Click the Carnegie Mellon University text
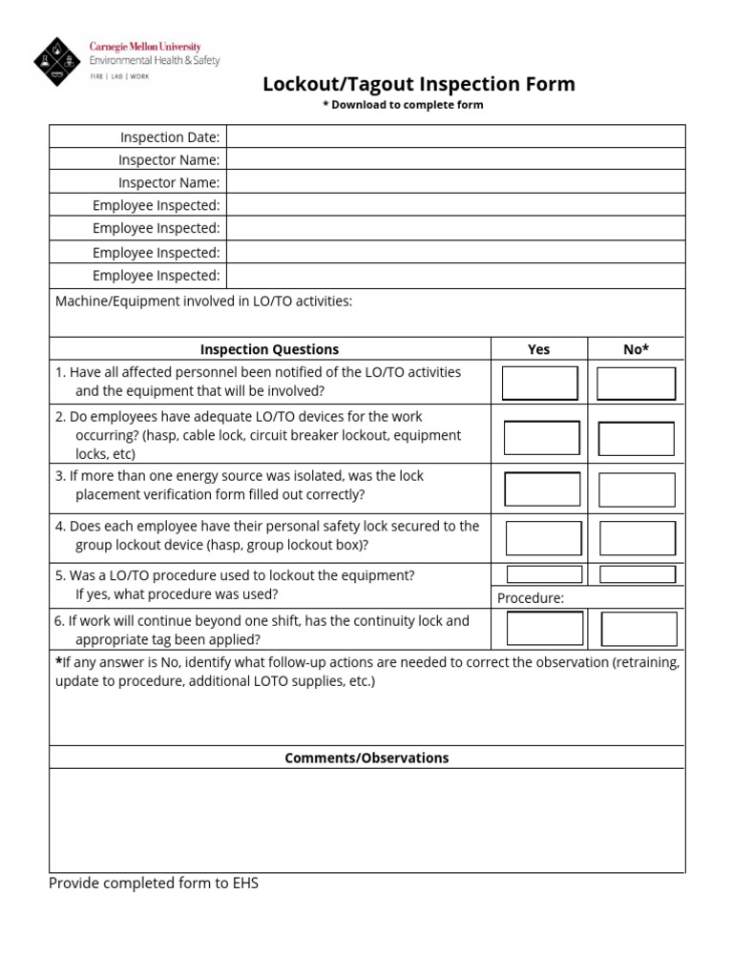click(145, 46)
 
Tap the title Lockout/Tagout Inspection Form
click(419, 84)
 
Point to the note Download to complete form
click(403, 105)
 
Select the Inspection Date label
click(169, 137)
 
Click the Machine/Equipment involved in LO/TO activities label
click(204, 301)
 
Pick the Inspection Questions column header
click(269, 349)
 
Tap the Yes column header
click(538, 349)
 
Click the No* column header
click(636, 349)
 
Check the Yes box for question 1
click(540, 384)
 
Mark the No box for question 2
click(636, 438)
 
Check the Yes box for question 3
click(542, 488)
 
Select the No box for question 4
click(638, 538)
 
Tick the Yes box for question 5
click(544, 574)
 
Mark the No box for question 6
click(639, 629)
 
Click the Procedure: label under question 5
click(531, 598)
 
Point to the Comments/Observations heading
click(366, 758)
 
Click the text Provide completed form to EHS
click(154, 883)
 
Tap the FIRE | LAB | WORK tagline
click(119, 75)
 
